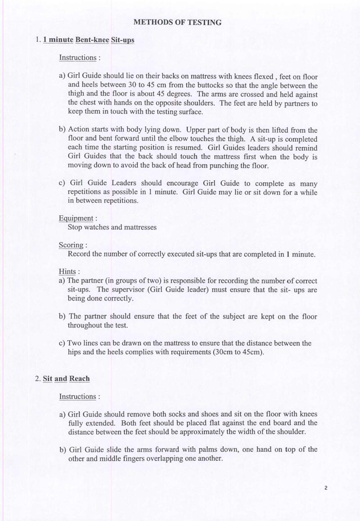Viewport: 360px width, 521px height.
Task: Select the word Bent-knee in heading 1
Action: [x=92, y=40]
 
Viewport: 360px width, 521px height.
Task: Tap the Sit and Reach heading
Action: [x=66, y=378]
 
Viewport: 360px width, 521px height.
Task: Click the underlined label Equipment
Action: [x=75, y=219]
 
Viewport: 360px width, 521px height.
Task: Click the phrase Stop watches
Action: [x=89, y=227]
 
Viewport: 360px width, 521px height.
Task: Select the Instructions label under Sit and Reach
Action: [x=77, y=397]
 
